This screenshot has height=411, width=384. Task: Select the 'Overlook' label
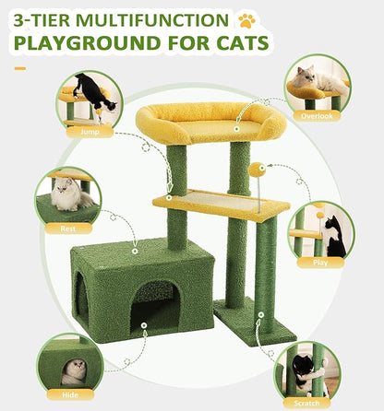(x=317, y=117)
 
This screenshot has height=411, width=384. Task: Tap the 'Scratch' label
(x=307, y=402)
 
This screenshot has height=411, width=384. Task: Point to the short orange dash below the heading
(x=20, y=67)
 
